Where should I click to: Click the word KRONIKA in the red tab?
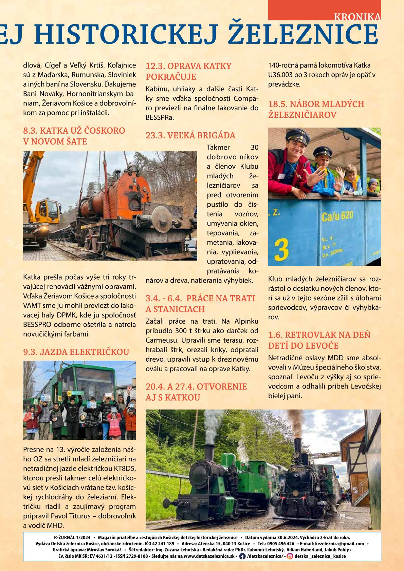pos(357,17)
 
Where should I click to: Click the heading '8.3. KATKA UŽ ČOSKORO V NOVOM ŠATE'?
pos(74,136)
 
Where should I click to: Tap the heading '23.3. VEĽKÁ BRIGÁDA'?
pos(190,135)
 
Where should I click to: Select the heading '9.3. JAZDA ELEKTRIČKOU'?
pos(76,352)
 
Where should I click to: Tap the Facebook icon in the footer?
pos(242,556)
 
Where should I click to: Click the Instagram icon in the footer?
pos(290,556)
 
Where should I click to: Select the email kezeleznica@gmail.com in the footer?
pos(339,544)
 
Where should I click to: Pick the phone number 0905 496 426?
pos(281,544)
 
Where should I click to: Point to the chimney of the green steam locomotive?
pos(208,451)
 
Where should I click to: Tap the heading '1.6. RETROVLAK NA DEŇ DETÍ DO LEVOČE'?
pos(319,340)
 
